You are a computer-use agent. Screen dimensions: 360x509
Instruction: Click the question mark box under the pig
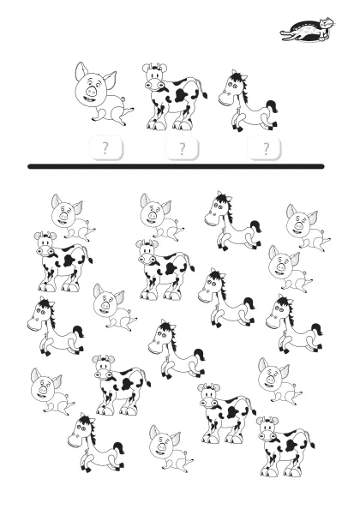(x=105, y=148)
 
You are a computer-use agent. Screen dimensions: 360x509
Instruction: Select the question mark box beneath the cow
(x=182, y=148)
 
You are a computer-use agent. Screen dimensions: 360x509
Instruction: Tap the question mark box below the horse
(x=264, y=148)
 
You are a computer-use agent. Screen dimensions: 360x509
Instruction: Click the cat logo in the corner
(x=308, y=30)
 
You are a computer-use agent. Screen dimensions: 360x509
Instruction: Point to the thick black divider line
(x=176, y=166)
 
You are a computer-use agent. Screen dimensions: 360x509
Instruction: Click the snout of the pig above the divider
(x=91, y=91)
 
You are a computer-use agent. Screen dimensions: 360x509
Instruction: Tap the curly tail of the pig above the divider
(x=123, y=99)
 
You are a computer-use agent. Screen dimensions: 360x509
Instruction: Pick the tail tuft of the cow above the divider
(x=205, y=95)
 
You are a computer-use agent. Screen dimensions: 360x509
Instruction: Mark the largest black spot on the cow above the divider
(x=181, y=95)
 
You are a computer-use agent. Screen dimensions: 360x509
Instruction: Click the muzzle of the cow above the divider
(x=154, y=86)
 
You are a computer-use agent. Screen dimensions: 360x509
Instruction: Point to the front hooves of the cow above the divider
(x=155, y=124)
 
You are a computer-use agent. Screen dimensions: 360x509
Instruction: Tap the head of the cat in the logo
(x=327, y=23)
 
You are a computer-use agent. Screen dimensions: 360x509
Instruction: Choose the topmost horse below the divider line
(x=233, y=221)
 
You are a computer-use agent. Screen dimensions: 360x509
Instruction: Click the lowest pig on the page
(x=171, y=447)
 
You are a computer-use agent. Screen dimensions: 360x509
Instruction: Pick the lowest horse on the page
(x=96, y=442)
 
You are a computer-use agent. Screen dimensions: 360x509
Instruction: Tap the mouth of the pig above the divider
(x=88, y=99)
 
